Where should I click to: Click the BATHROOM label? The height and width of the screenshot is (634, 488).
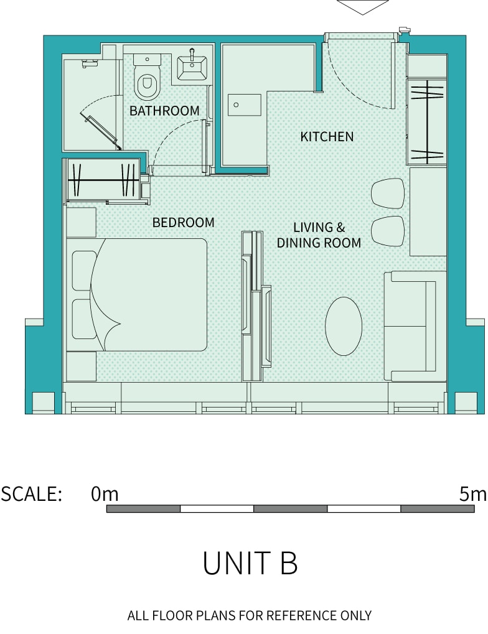164,110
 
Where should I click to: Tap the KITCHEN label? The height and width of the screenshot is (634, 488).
327,137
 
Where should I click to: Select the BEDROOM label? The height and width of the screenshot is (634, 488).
183,222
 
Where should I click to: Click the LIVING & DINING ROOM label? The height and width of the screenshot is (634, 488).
319,235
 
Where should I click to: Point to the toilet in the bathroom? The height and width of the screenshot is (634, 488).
147,77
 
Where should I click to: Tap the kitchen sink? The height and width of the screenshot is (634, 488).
245,105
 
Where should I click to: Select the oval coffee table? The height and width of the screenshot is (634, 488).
344,326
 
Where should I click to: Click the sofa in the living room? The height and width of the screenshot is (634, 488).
415,326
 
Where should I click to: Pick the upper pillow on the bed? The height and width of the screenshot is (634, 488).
84,271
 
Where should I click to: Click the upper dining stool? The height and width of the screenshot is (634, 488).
388,193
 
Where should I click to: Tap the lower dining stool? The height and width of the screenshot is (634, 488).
388,231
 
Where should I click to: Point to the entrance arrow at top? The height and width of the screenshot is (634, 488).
362,7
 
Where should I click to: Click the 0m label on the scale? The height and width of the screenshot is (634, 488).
105,493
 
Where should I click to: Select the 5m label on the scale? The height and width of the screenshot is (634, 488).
473,493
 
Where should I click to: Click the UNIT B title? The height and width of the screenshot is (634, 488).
250,563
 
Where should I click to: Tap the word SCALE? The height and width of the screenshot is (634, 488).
32,493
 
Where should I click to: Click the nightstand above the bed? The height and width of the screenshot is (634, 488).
81,222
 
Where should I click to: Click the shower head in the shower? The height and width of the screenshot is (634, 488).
90,63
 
